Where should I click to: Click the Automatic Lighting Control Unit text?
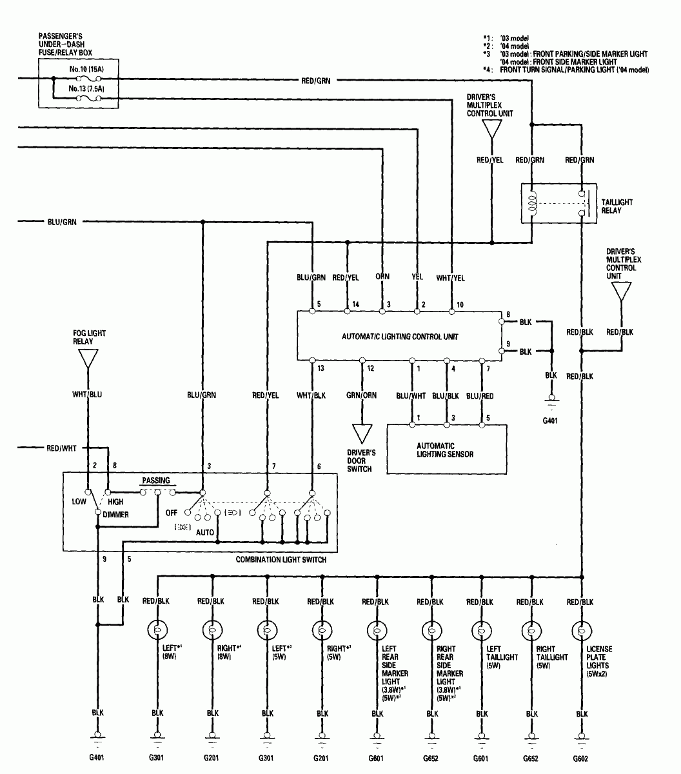400,337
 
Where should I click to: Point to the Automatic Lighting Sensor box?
446,450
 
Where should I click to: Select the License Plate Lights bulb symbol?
582,630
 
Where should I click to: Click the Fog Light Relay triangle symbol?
88,358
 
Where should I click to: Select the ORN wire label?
382,277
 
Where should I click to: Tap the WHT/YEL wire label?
451,277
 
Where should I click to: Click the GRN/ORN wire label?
362,395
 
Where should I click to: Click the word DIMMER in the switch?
115,515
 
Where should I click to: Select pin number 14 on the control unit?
355,304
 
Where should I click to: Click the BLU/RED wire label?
482,395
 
